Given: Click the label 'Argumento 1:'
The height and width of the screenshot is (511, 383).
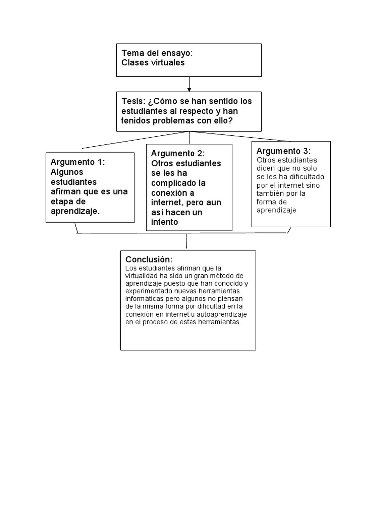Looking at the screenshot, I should click(x=78, y=162).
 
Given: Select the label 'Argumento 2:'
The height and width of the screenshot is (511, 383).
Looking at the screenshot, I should click(x=178, y=153).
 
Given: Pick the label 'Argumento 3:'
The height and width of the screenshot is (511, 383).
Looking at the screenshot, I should click(x=283, y=151).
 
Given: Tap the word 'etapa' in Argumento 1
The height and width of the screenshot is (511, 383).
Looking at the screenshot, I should click(x=62, y=201).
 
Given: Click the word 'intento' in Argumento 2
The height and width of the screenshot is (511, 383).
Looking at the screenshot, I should click(x=164, y=222).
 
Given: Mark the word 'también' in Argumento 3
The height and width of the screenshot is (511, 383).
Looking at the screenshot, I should click(x=271, y=193).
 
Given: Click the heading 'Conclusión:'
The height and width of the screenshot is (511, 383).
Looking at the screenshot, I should click(x=149, y=260).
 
